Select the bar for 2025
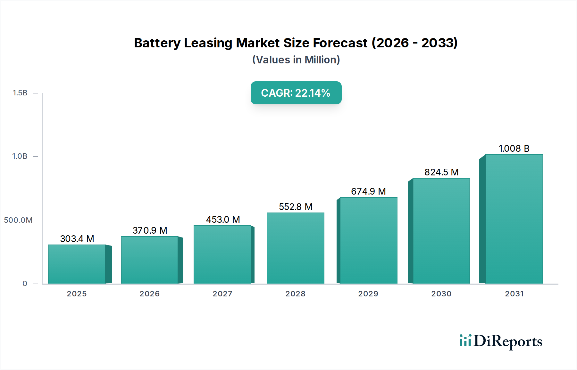77,264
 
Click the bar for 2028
295,248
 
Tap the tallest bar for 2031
514,219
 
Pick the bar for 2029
368,240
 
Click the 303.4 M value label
77,239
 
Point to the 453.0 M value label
223,220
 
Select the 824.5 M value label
441,172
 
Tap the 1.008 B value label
514,149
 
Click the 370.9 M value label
150,230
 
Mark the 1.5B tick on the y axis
20,93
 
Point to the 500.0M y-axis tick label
18,220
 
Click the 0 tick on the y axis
25,284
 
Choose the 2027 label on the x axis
222,294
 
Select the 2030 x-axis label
441,294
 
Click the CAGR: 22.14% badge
296,93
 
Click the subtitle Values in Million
296,60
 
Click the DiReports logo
501,341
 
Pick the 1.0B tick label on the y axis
20,156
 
